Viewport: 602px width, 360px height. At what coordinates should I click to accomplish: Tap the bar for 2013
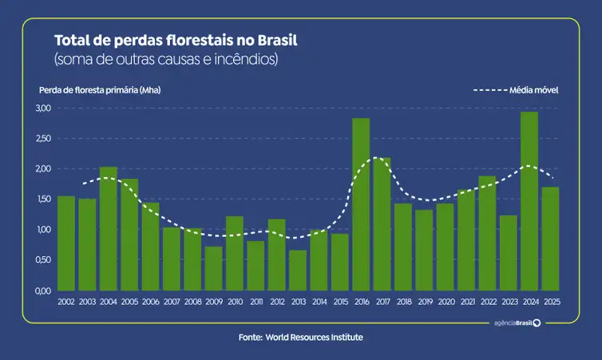click(298, 271)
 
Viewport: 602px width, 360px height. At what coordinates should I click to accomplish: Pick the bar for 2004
click(109, 228)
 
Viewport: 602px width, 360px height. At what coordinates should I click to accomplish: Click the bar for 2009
click(213, 268)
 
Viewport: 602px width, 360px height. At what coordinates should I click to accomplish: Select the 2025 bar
click(550, 239)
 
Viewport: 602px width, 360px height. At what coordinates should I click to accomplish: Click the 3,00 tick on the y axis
click(43, 108)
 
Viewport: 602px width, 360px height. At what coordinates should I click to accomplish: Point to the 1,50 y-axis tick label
click(43, 199)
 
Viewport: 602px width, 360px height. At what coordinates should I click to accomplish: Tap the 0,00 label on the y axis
click(43, 291)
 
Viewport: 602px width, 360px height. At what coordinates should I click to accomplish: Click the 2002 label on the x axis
click(66, 302)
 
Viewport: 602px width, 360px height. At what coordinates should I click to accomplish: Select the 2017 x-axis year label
click(382, 302)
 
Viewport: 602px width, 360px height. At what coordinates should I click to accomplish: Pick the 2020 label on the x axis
click(445, 302)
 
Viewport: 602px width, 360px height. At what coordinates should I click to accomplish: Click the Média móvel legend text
click(533, 90)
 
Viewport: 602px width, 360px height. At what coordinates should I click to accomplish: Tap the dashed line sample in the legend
click(490, 90)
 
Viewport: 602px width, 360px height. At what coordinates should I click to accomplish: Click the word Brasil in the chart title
click(285, 40)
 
